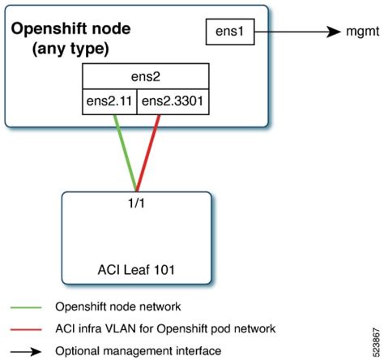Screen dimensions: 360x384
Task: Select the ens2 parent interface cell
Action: tap(147, 79)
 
